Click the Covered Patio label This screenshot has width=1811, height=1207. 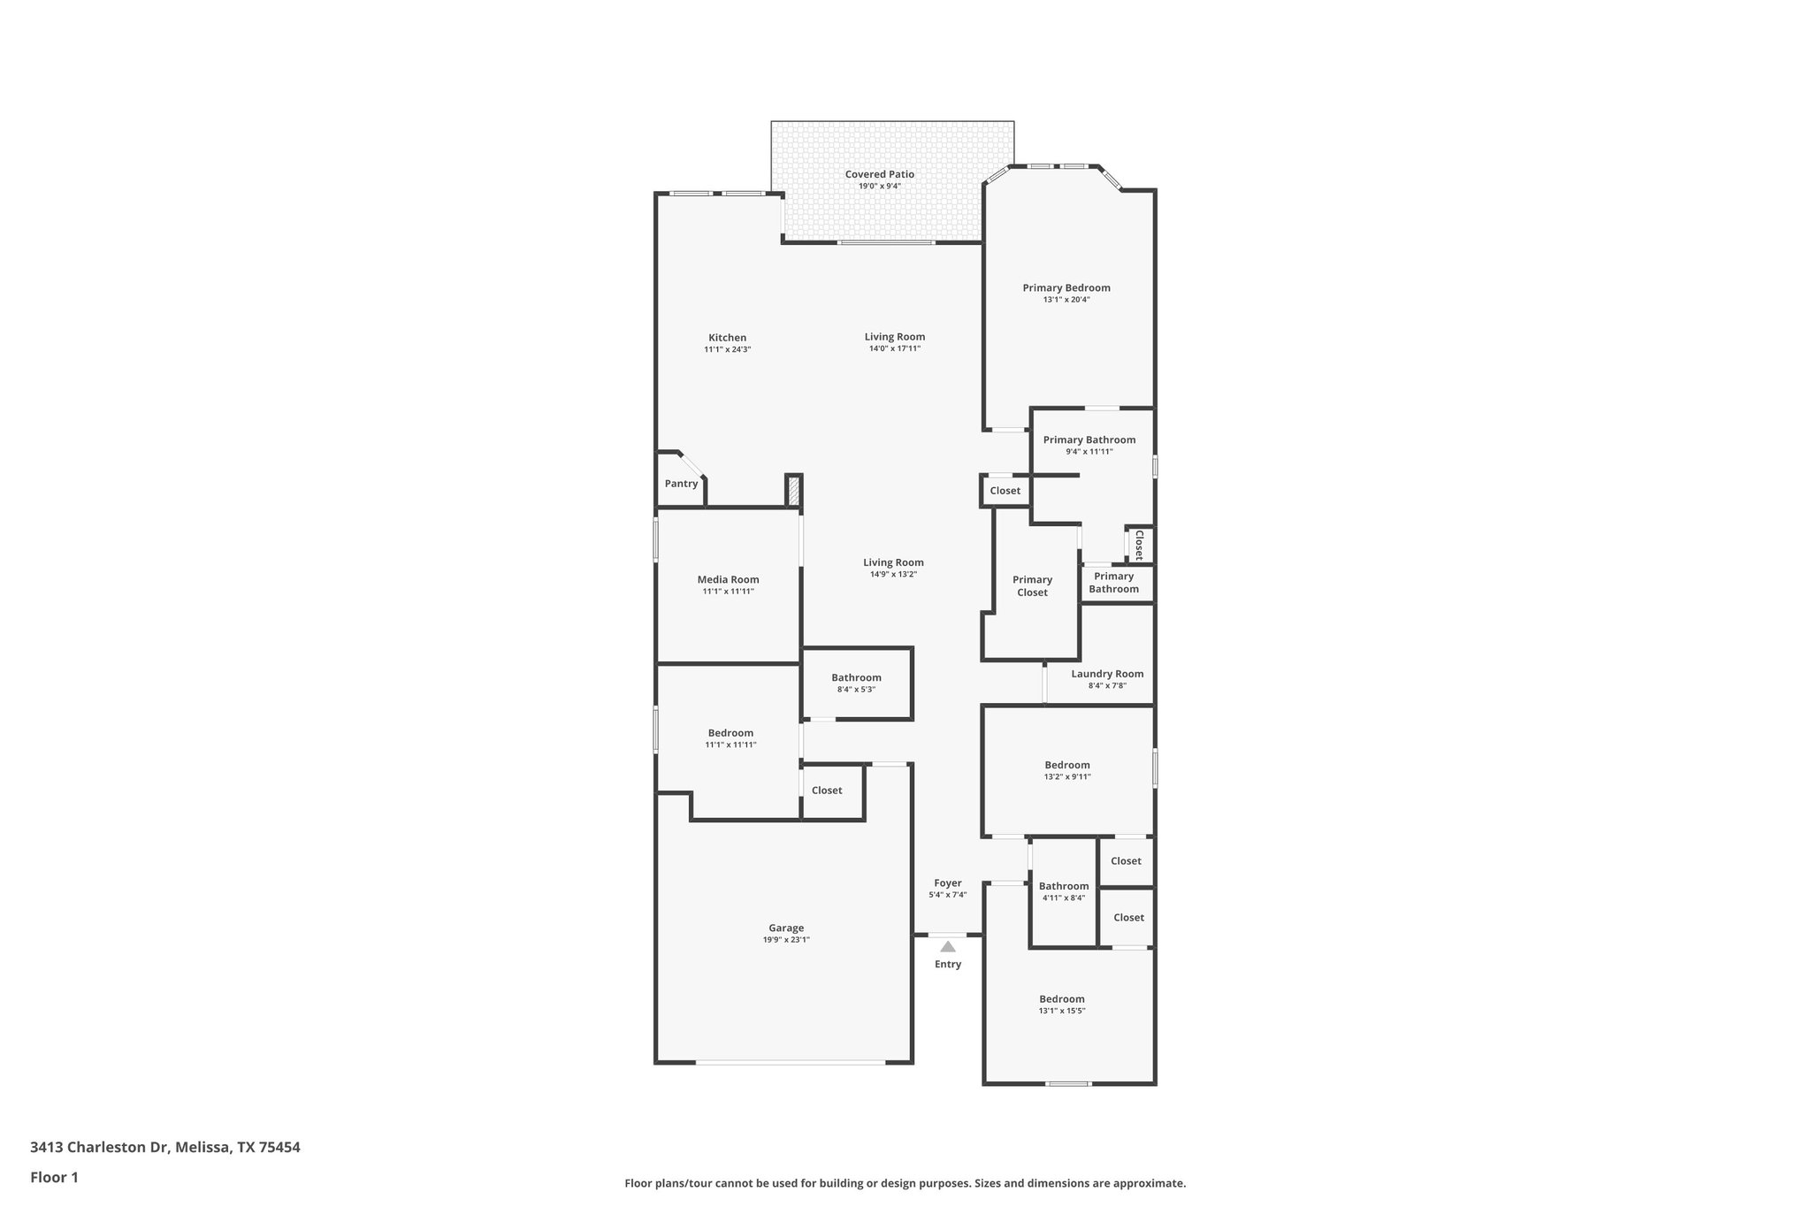(x=879, y=174)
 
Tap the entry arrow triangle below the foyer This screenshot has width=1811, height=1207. (x=948, y=946)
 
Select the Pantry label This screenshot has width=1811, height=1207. (x=681, y=484)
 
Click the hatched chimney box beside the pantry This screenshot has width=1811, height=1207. (x=793, y=491)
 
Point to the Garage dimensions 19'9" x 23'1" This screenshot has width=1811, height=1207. (x=786, y=940)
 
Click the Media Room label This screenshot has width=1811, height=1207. (x=728, y=579)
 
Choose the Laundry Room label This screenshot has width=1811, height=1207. (x=1107, y=674)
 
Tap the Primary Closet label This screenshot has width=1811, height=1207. (x=1032, y=586)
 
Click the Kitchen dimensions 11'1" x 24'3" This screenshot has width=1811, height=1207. (x=727, y=349)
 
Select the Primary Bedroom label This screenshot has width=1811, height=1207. (x=1066, y=287)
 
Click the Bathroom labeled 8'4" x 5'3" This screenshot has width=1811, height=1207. (x=856, y=677)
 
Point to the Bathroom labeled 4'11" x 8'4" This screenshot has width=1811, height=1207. (x=1064, y=886)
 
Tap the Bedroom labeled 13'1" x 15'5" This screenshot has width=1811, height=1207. (x=1061, y=999)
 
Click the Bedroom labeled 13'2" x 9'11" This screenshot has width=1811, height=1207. (x=1067, y=765)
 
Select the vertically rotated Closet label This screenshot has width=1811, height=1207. (x=1139, y=545)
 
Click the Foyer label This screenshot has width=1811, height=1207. (x=948, y=882)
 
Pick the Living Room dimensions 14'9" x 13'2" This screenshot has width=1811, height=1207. (x=893, y=575)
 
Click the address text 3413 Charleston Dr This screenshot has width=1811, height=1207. (x=99, y=1147)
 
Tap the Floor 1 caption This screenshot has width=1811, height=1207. (x=54, y=1177)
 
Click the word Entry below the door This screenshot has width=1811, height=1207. (x=948, y=964)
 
